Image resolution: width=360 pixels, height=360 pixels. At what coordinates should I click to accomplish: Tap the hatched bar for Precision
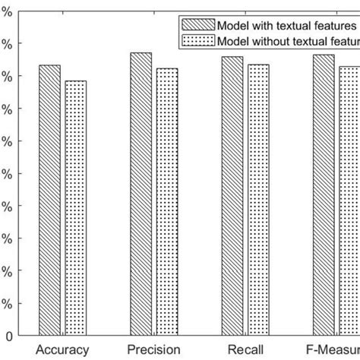pyautogui.click(x=141, y=194)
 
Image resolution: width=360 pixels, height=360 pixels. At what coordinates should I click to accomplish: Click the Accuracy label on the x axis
pyautogui.click(x=63, y=350)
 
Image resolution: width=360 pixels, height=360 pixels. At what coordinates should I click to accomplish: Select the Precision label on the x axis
pyautogui.click(x=154, y=350)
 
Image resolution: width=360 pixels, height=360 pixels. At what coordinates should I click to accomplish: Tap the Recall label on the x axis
pyautogui.click(x=245, y=350)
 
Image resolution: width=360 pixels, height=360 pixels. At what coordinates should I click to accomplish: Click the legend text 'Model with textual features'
pyautogui.click(x=287, y=24)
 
